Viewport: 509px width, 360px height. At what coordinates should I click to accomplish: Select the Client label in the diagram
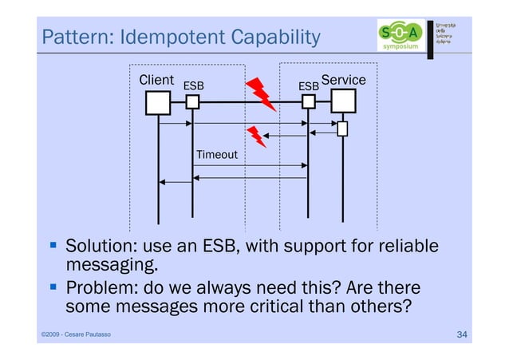156,80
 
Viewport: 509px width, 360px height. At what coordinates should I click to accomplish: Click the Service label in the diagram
343,81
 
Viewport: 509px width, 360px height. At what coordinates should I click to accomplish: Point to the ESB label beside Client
194,85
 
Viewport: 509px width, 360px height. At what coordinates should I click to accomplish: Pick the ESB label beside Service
308,85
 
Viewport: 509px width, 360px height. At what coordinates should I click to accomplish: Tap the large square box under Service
344,101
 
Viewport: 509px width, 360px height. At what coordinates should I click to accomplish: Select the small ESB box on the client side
192,102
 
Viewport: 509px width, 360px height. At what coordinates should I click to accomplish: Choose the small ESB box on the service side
309,102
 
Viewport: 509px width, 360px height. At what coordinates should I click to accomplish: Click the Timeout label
216,153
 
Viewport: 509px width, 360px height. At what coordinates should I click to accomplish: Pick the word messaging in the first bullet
107,264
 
